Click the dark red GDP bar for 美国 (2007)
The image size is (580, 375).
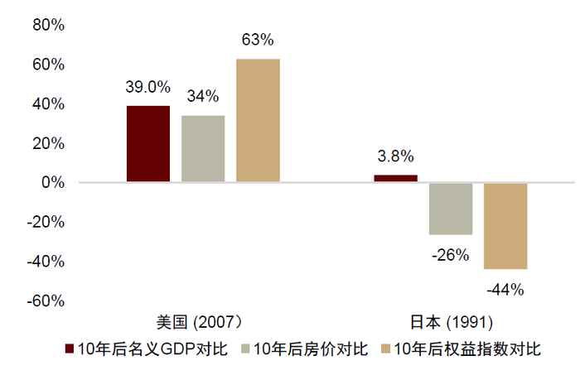click(x=148, y=144)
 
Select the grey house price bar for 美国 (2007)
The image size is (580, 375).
click(x=203, y=149)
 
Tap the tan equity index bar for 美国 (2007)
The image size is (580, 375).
click(x=258, y=121)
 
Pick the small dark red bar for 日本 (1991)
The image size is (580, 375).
click(x=395, y=178)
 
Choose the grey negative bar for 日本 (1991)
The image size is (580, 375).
click(x=451, y=209)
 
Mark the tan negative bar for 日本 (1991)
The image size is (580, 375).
click(x=505, y=226)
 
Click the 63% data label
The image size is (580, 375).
click(x=258, y=40)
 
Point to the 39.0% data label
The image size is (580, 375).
click(x=148, y=87)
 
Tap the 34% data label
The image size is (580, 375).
click(x=203, y=97)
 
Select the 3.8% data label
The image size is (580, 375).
click(x=395, y=156)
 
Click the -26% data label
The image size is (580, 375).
click(x=451, y=255)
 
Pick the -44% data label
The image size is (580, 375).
click(x=505, y=289)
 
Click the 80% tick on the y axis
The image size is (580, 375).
click(x=48, y=25)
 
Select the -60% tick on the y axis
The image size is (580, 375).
click(x=46, y=300)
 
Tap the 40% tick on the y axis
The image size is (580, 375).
click(x=48, y=103)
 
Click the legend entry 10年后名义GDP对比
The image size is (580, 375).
click(x=145, y=349)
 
